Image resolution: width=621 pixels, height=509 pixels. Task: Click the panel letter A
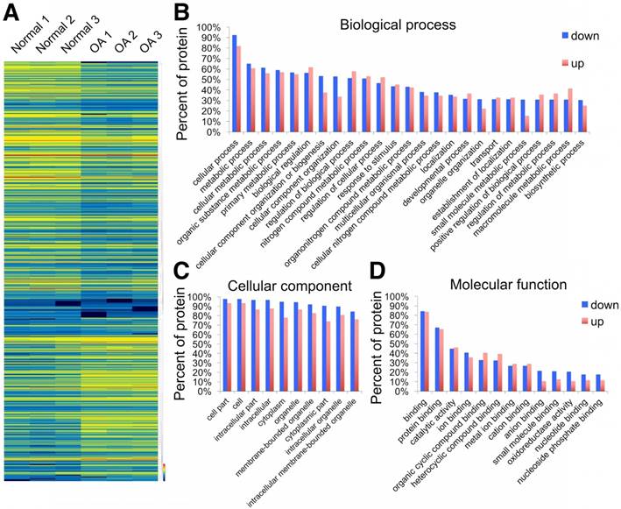tap(12, 12)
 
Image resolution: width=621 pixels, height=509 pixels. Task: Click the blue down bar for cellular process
tap(234, 83)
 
